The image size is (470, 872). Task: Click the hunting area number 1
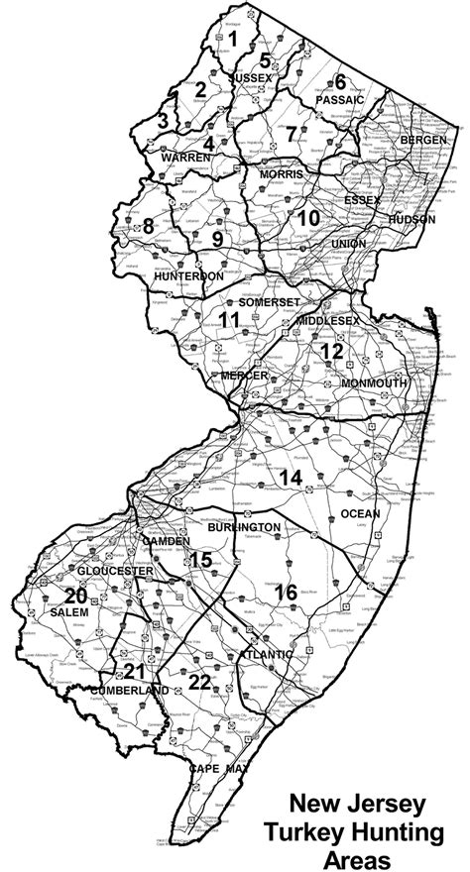tap(233, 39)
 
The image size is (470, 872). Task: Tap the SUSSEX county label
tap(251, 76)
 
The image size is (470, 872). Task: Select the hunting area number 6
tap(339, 82)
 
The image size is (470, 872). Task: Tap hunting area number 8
tap(148, 225)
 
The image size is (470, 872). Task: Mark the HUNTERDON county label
tap(183, 276)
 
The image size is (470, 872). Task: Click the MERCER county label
tap(244, 377)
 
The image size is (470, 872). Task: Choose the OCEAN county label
tap(359, 513)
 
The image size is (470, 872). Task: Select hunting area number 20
tap(75, 596)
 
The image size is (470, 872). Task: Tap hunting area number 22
tap(199, 681)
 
